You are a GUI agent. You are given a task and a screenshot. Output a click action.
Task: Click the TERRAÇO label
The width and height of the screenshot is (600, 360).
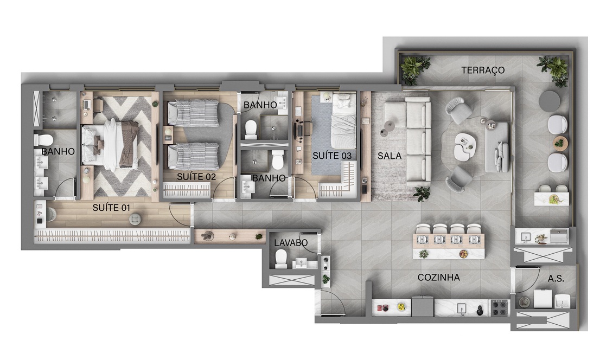point(482,70)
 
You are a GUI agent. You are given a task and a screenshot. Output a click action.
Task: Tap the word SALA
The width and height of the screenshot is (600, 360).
point(390,156)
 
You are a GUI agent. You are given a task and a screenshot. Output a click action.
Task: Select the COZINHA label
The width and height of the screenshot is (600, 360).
point(438,278)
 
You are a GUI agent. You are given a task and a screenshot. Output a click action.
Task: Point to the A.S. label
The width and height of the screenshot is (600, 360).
point(556,279)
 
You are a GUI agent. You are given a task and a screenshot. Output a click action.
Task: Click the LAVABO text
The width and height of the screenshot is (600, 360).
point(291,242)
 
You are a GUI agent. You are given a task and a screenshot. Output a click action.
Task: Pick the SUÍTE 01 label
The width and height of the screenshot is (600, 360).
point(111,208)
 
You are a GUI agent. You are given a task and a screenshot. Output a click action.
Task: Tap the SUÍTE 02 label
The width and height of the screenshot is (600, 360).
point(196,177)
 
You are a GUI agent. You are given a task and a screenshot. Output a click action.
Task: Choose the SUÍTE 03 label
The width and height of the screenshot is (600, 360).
point(332,156)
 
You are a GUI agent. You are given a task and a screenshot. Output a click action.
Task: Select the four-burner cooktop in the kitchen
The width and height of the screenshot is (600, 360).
point(499,307)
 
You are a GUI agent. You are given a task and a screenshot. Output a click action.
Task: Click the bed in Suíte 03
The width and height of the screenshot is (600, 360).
point(344,121)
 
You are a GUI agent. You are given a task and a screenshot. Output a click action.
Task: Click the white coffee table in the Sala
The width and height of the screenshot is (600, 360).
point(465,146)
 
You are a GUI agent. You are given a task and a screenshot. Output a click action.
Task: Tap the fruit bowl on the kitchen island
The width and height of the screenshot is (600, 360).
point(464,254)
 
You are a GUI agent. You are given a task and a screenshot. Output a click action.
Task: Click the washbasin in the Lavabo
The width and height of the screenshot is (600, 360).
point(301,263)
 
